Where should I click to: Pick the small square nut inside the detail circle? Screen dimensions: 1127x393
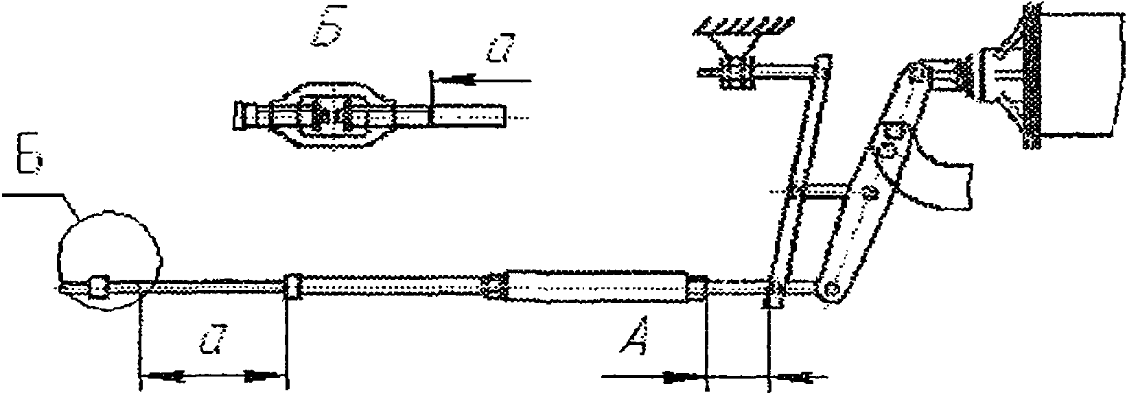click(99, 287)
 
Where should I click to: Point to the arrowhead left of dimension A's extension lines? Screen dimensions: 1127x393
click(679, 377)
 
